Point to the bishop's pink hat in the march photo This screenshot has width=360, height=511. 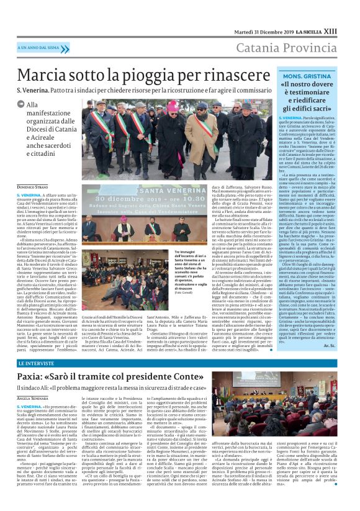172,106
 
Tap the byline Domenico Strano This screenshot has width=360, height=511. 33,187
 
